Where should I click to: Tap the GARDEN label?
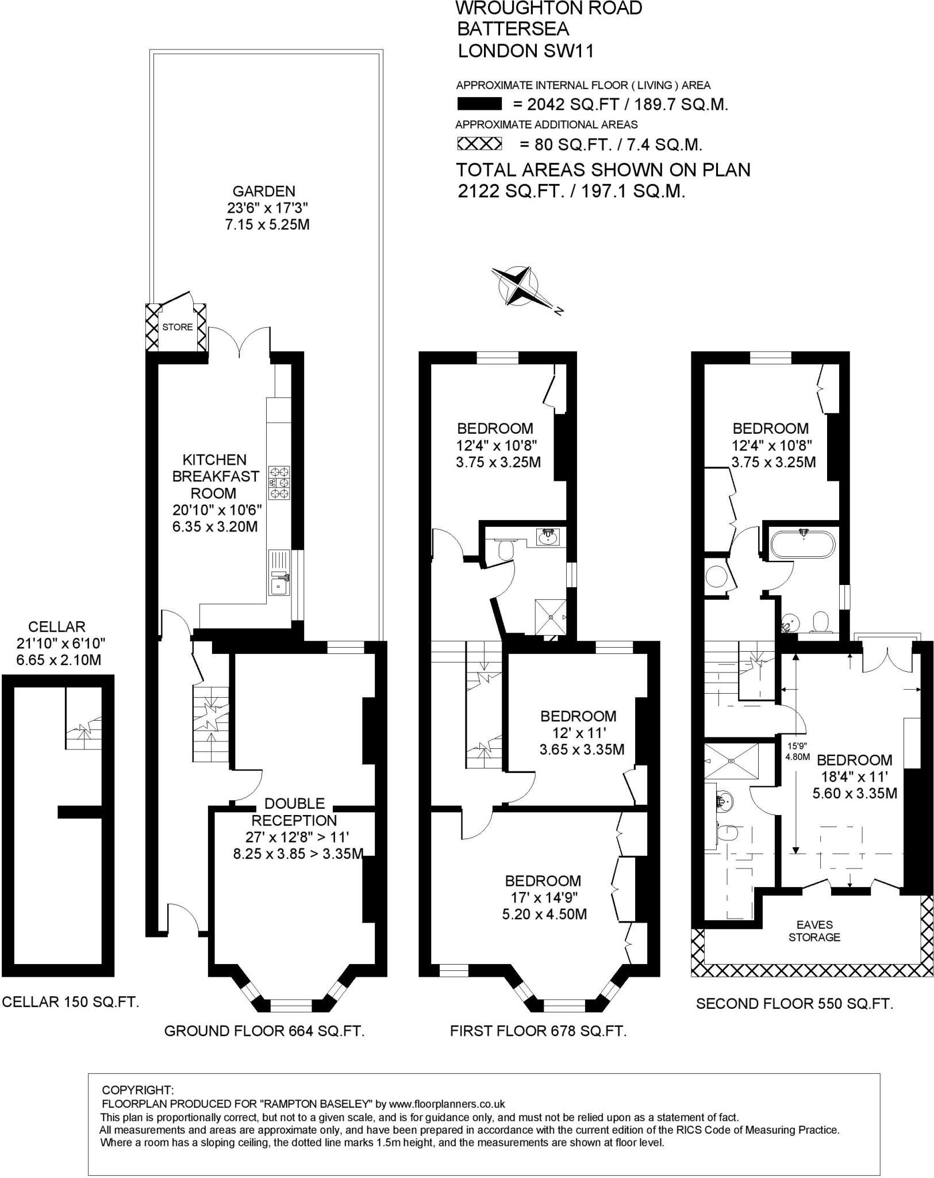tap(264, 191)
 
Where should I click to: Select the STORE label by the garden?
tap(178, 327)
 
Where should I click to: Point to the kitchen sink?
tap(280, 587)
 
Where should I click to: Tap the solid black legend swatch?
tap(479, 105)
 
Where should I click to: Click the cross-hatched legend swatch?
tap(479, 143)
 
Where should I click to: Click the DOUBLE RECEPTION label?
tap(294, 812)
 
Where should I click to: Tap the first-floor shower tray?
tap(551, 617)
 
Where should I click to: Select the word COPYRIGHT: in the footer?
tap(137, 1090)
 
